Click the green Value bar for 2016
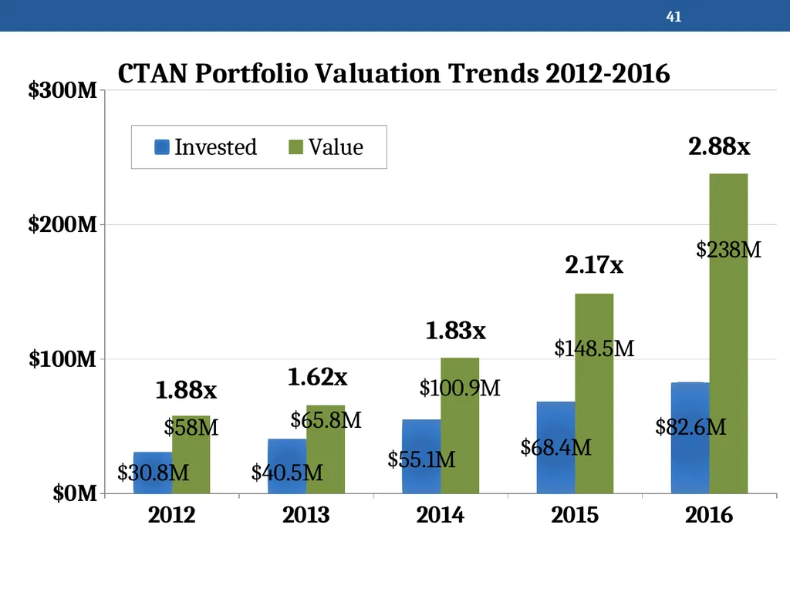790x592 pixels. (728, 333)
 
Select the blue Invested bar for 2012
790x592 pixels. (153, 473)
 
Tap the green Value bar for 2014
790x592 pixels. (460, 425)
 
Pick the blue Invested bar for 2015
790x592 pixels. (555, 448)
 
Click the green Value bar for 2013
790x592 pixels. (326, 449)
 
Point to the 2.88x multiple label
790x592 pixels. (719, 146)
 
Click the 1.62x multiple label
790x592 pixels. (317, 377)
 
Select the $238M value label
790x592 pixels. (728, 250)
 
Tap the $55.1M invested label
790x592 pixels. (421, 459)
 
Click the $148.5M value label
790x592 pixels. (594, 348)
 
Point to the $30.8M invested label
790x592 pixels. (154, 473)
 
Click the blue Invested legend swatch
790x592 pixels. (162, 147)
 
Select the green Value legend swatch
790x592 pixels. (295, 147)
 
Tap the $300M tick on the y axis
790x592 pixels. (62, 90)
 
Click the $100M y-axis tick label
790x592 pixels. (62, 359)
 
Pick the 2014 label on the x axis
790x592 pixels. (440, 515)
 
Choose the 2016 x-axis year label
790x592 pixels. (709, 515)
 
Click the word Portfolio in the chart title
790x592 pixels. (252, 73)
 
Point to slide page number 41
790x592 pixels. (674, 17)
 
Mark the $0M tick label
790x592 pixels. (75, 493)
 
